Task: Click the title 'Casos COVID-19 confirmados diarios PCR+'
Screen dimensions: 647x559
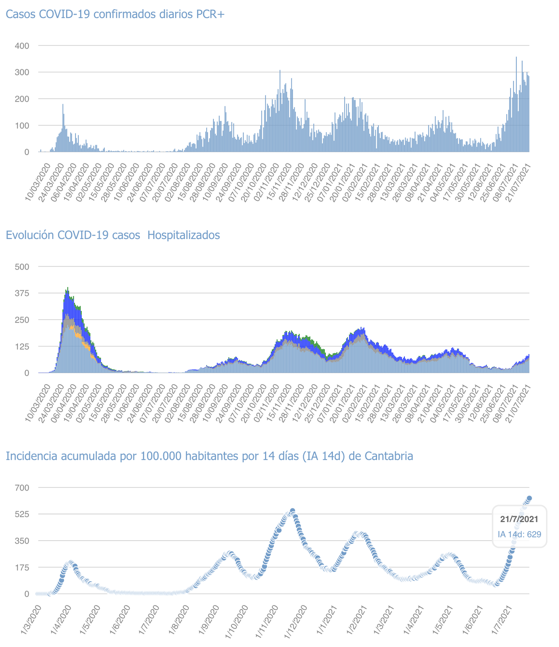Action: [115, 14]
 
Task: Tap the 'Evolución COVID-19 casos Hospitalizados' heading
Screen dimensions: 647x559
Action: [112, 235]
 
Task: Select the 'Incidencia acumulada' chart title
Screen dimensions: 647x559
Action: [209, 456]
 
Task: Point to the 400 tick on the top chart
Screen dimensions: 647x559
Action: [22, 46]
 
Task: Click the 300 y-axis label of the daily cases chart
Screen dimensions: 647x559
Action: [22, 72]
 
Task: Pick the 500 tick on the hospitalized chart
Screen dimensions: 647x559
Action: [22, 267]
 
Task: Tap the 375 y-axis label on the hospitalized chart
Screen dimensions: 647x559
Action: [22, 293]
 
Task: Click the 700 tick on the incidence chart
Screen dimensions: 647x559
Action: [22, 488]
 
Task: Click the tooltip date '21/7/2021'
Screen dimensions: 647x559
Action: [519, 519]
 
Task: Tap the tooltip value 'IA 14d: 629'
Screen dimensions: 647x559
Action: [519, 534]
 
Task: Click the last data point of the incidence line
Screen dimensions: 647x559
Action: [529, 498]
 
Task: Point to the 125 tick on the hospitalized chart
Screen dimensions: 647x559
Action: [22, 346]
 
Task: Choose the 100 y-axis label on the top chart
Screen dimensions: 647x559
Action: [22, 125]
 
